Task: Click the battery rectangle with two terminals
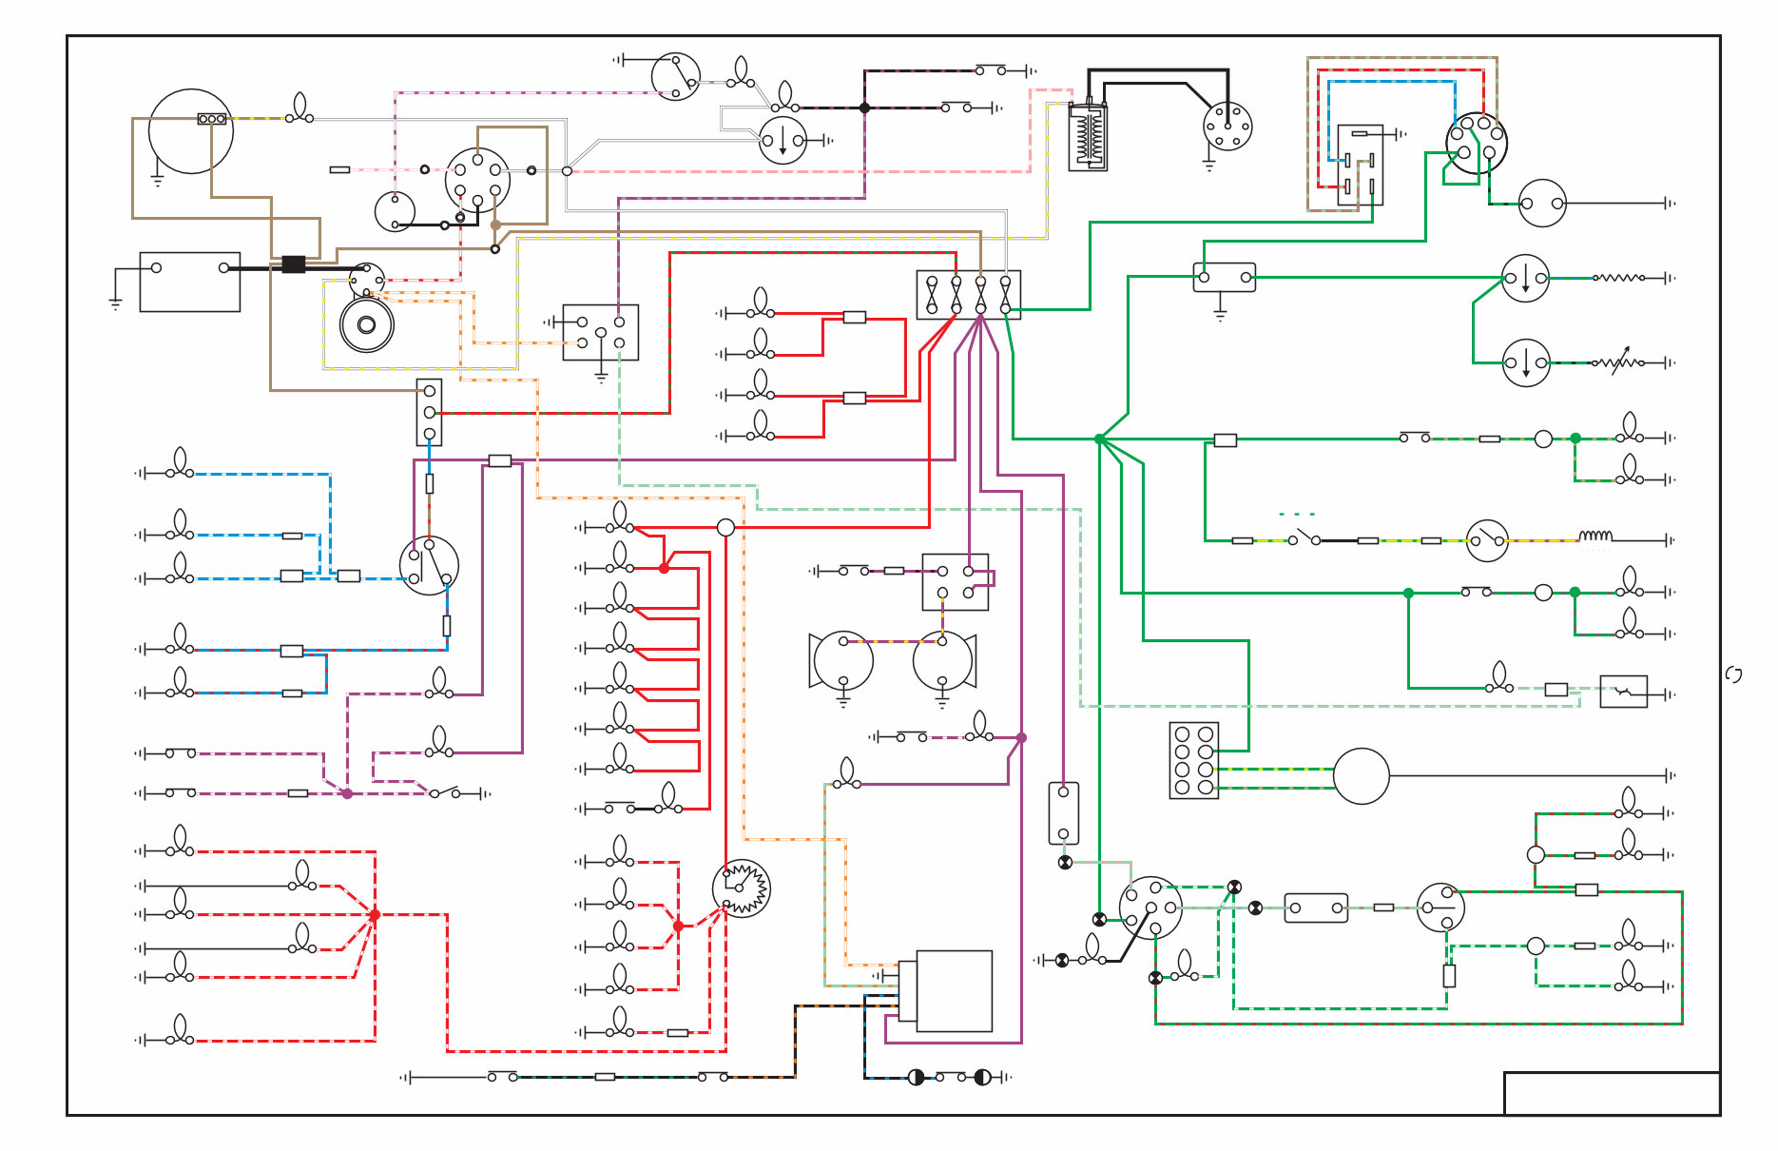pyautogui.click(x=189, y=282)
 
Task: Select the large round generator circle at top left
pyautogui.click(x=190, y=131)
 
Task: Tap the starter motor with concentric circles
pyautogui.click(x=367, y=324)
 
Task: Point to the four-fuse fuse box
pyautogui.click(x=968, y=295)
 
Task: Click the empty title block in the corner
pyautogui.click(x=1611, y=1093)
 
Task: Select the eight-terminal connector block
pyautogui.click(x=1193, y=760)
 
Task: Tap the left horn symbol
pyautogui.click(x=841, y=659)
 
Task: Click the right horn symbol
pyautogui.click(x=943, y=659)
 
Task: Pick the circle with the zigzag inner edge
pyautogui.click(x=741, y=888)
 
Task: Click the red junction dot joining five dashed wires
pyautogui.click(x=375, y=914)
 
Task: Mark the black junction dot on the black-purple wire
pyautogui.click(x=864, y=107)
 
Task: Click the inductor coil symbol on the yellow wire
pyautogui.click(x=1595, y=536)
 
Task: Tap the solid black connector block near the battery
pyautogui.click(x=293, y=263)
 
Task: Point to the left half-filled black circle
pyautogui.click(x=916, y=1077)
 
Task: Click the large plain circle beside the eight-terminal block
pyautogui.click(x=1361, y=775)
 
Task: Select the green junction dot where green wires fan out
pyautogui.click(x=1099, y=439)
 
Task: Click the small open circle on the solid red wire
pyautogui.click(x=725, y=527)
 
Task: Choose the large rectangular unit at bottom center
pyautogui.click(x=953, y=990)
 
